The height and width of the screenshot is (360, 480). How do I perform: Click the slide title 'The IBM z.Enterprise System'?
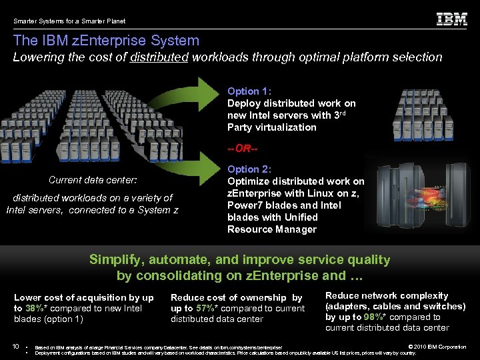point(106,41)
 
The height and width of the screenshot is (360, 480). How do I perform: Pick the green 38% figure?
point(33,308)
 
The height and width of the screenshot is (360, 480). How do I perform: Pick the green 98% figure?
point(373,317)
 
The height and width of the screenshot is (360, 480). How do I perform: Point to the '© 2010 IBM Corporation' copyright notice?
point(437,347)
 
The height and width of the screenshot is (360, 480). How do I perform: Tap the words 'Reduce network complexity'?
point(387,295)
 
